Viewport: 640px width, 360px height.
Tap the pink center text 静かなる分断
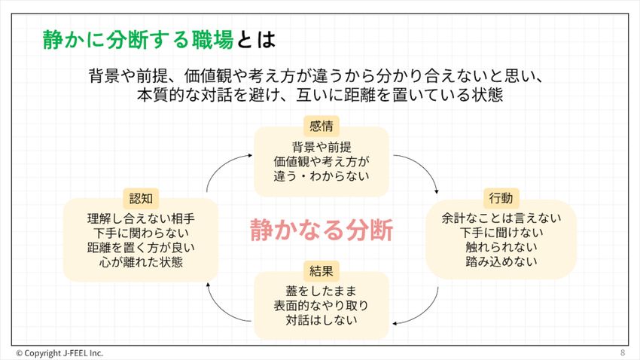click(322, 230)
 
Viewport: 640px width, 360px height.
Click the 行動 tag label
click(500, 198)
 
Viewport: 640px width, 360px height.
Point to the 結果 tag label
click(322, 270)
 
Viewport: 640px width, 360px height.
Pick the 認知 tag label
click(141, 198)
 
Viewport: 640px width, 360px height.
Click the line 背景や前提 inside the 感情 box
click(322, 147)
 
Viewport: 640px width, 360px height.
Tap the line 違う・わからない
click(322, 175)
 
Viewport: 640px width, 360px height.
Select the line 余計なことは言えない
click(501, 219)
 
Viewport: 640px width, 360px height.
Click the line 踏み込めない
click(501, 262)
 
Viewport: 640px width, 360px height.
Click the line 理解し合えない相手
click(141, 219)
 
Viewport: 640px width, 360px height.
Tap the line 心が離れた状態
click(141, 262)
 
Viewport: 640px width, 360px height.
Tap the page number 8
click(623, 352)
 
